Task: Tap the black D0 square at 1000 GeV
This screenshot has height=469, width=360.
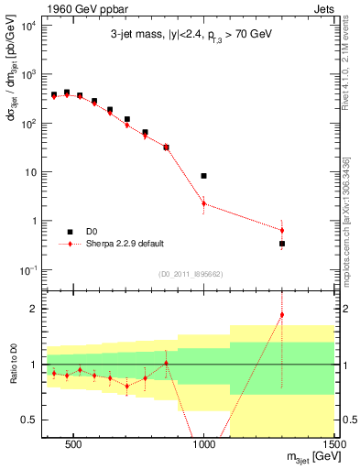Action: click(204, 175)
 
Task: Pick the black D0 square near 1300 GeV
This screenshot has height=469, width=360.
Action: click(282, 244)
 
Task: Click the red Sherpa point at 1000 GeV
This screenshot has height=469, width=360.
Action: click(204, 203)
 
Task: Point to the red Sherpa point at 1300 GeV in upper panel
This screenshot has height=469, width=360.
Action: click(282, 230)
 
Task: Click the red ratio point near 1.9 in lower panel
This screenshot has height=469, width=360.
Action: click(282, 315)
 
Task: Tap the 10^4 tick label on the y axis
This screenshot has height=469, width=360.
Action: click(27, 25)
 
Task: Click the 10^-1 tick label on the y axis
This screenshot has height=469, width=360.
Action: click(27, 269)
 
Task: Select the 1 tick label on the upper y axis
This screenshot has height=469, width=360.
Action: click(33, 221)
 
